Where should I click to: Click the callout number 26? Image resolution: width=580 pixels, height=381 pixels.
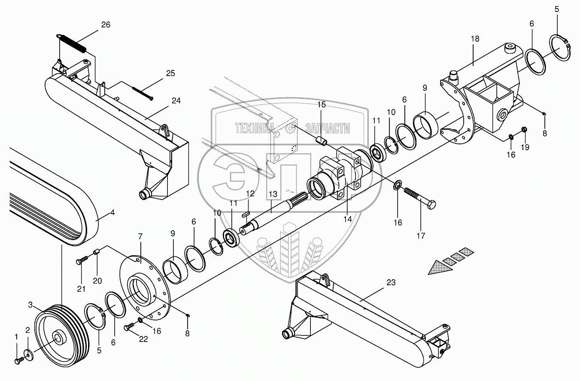pos(105,25)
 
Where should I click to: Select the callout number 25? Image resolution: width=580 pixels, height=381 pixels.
pos(170,73)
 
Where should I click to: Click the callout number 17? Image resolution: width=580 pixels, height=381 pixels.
pos(421,235)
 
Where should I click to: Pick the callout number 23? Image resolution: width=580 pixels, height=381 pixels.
pos(391,282)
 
